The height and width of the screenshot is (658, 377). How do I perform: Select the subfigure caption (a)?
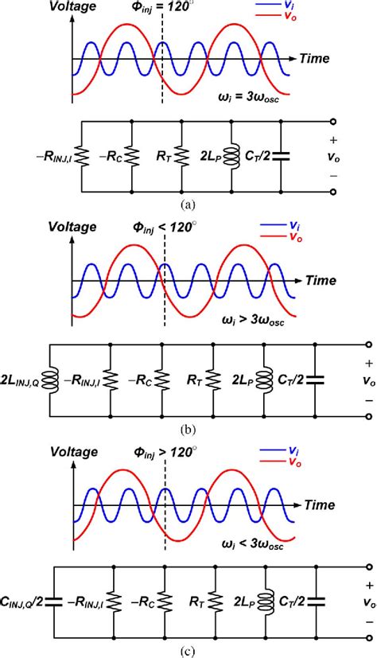[x=188, y=204]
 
